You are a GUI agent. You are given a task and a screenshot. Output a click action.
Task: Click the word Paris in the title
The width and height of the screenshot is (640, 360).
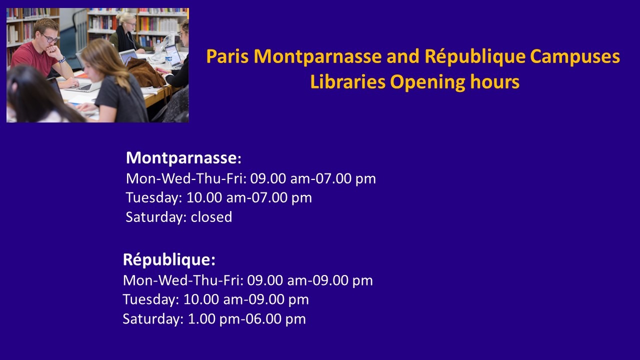coord(227,56)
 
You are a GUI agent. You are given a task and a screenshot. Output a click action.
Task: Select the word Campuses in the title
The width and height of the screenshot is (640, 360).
coord(575,57)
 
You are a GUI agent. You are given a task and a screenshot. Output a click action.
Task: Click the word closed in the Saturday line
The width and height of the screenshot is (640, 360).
coord(211,217)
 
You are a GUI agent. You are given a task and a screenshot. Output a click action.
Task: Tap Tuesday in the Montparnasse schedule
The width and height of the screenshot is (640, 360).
coord(152,197)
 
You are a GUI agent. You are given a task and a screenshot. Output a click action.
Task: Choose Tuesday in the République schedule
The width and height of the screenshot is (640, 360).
coord(149,299)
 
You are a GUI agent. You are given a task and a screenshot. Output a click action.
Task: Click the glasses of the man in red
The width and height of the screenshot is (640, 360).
coord(50,38)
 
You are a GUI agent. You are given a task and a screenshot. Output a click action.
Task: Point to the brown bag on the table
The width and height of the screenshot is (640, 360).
coord(145,73)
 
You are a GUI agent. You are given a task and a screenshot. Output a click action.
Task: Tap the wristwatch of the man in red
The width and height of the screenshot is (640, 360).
coord(62,60)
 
